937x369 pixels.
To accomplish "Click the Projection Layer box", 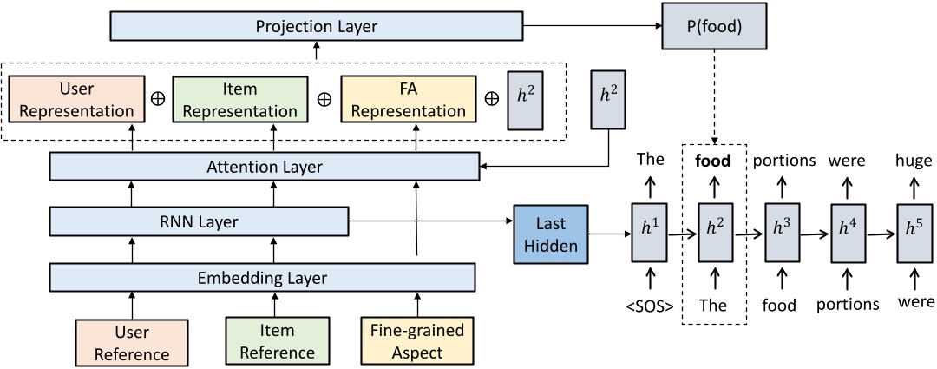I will [x=317, y=26].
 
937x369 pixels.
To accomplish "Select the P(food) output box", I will [x=714, y=26].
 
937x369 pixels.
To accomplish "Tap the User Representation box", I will [x=71, y=100].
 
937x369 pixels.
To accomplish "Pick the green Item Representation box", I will [x=240, y=100].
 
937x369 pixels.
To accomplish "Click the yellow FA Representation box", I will [x=409, y=100].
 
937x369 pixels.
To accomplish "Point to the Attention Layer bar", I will [x=265, y=167].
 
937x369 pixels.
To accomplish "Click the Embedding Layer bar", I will [x=263, y=278].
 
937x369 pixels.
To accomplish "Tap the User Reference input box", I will [x=132, y=341].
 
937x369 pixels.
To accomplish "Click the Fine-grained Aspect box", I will [x=418, y=341].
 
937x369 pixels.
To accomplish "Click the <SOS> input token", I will [x=648, y=304].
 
